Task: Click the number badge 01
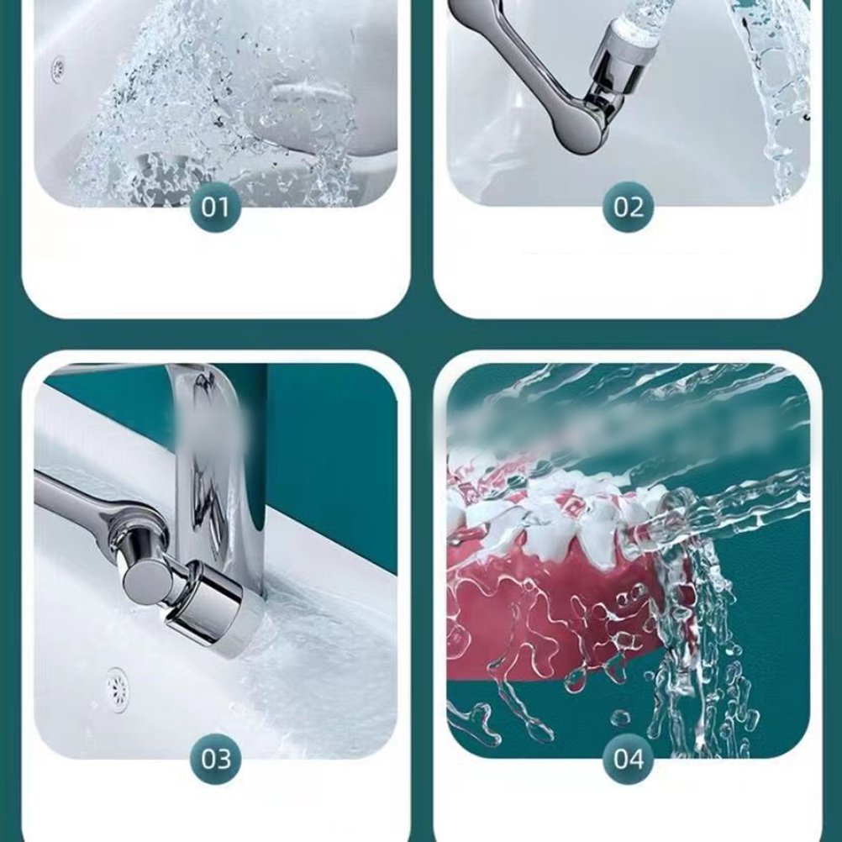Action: (x=215, y=207)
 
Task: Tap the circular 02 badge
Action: (x=629, y=207)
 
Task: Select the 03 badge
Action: (x=215, y=759)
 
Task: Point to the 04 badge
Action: (x=629, y=759)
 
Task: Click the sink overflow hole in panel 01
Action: (x=57, y=69)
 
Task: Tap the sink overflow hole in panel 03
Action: (x=117, y=690)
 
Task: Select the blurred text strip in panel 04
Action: (x=618, y=424)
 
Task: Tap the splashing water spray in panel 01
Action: (x=215, y=108)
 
